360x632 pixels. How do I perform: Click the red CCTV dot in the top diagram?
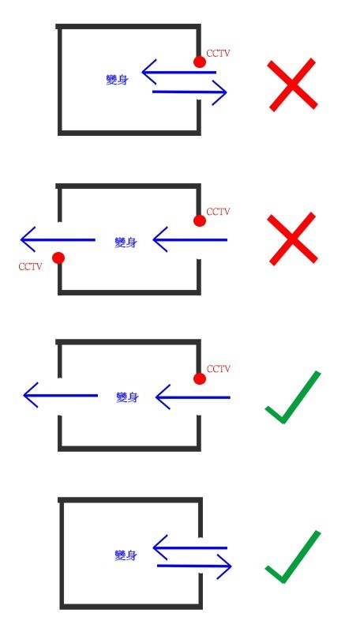200,62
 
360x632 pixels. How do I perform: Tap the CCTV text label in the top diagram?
218,53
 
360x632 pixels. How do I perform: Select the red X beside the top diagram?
292,85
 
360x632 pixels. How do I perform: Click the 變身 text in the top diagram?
117,80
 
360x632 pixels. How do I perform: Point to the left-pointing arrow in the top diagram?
179,73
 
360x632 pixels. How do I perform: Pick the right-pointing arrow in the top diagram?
189,92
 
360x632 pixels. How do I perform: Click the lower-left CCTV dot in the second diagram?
58,258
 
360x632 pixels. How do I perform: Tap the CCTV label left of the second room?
30,266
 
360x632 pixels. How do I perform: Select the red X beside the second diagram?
292,239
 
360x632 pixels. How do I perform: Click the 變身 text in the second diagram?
126,243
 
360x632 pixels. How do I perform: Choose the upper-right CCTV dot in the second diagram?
200,220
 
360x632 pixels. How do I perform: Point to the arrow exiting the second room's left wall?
58,240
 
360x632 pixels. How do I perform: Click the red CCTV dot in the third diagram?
200,378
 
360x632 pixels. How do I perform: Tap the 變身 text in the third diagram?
127,397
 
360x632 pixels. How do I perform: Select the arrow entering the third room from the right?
193,397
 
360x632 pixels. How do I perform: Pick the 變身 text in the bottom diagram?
126,555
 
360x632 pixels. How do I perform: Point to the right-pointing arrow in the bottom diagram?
194,566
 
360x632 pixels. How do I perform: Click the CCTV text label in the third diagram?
218,369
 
